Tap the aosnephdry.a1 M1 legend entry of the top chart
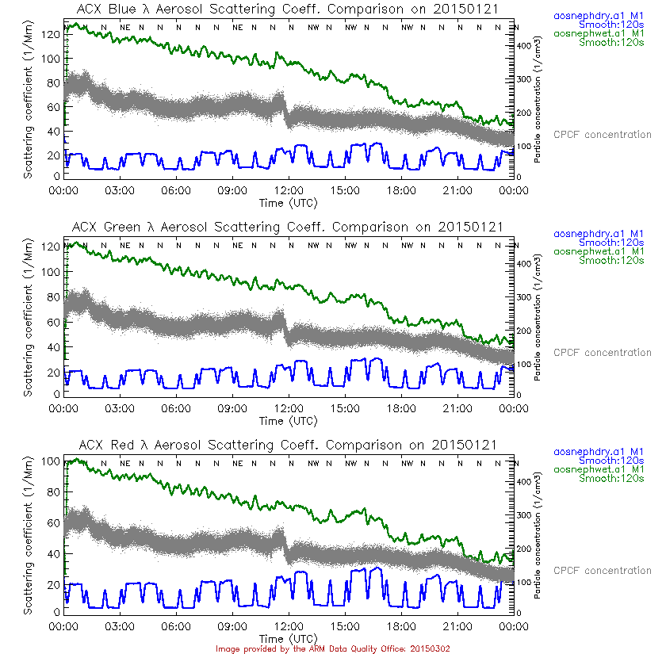[x=598, y=15]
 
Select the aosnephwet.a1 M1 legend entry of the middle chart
[x=598, y=251]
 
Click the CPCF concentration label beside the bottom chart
[x=602, y=571]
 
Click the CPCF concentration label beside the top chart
[x=602, y=135]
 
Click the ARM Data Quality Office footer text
[x=333, y=648]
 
